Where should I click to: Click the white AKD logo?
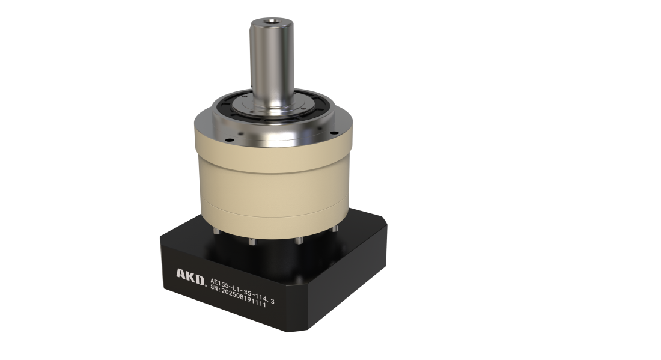[x=190, y=276]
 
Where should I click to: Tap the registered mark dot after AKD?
[x=206, y=284]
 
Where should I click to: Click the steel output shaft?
[x=271, y=63]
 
